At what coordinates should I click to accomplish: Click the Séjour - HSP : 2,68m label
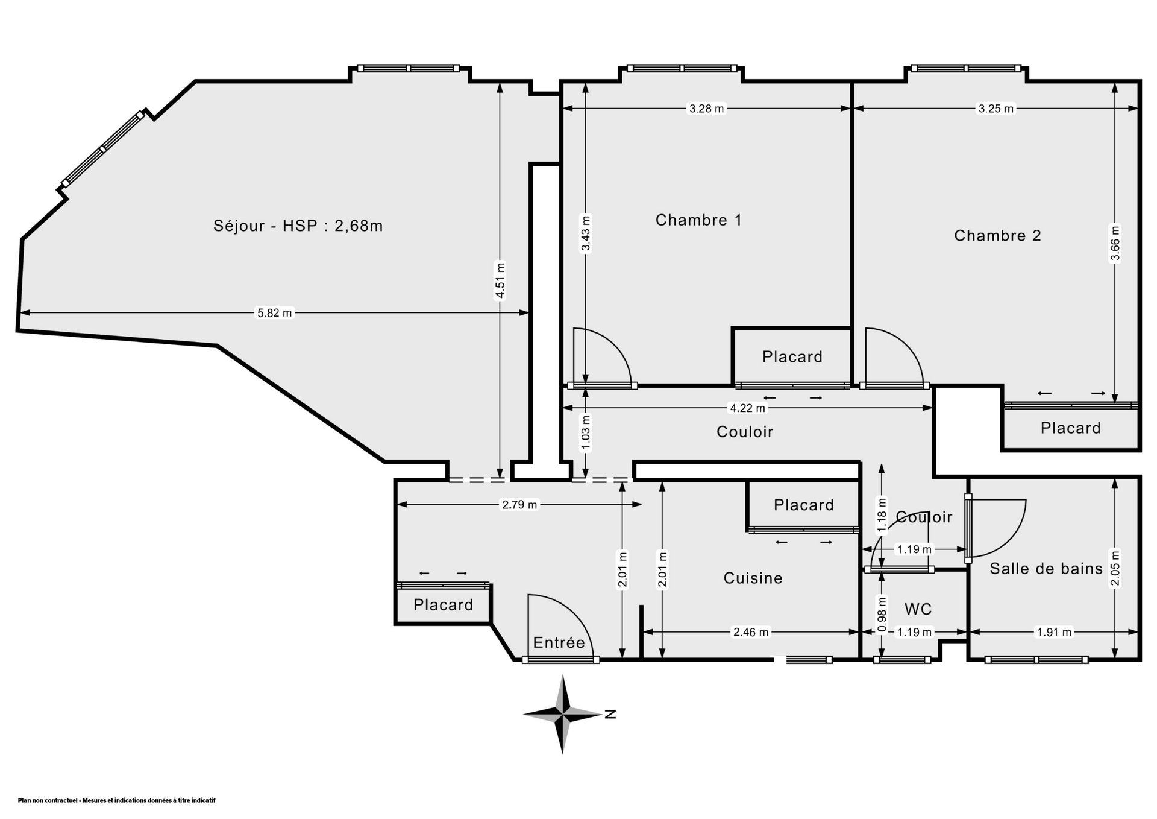pyautogui.click(x=298, y=226)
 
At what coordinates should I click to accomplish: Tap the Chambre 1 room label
pyautogui.click(x=698, y=220)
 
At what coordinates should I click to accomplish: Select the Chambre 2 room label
pyautogui.click(x=997, y=235)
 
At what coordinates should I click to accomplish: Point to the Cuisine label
pyautogui.click(x=753, y=578)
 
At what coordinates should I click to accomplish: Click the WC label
pyautogui.click(x=918, y=609)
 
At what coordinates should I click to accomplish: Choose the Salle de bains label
pyautogui.click(x=1046, y=568)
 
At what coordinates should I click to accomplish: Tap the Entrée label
pyautogui.click(x=559, y=642)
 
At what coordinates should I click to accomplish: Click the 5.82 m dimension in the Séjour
pyautogui.click(x=274, y=313)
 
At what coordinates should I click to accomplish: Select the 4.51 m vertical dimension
pyautogui.click(x=500, y=280)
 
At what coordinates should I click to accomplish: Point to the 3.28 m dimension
pyautogui.click(x=706, y=109)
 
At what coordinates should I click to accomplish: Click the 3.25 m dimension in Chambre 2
pyautogui.click(x=996, y=109)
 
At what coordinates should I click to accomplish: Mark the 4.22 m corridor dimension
pyautogui.click(x=747, y=408)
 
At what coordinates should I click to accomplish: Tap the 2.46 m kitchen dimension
pyautogui.click(x=750, y=632)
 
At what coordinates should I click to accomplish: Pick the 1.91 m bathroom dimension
pyautogui.click(x=1054, y=632)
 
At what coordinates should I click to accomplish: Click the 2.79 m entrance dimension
pyautogui.click(x=519, y=505)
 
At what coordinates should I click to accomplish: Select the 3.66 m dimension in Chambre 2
pyautogui.click(x=1115, y=243)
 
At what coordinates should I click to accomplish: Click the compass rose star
pyautogui.click(x=563, y=715)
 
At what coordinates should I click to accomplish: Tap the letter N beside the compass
pyautogui.click(x=610, y=715)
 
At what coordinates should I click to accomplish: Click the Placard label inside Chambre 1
pyautogui.click(x=792, y=356)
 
